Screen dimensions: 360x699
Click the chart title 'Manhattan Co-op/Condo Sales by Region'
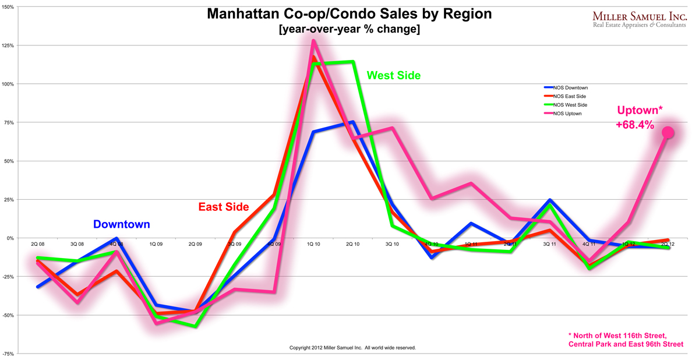[x=349, y=13]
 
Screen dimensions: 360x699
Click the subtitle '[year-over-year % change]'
[x=349, y=29]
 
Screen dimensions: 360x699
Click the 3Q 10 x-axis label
[x=392, y=244]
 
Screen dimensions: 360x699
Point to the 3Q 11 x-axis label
[x=549, y=244]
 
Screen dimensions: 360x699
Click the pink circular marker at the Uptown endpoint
[x=668, y=133]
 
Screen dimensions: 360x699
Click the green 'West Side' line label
[x=393, y=76]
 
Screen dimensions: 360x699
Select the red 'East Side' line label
[x=224, y=207]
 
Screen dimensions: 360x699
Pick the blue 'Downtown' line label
[x=121, y=224]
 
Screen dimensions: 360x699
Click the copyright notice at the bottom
[x=352, y=348]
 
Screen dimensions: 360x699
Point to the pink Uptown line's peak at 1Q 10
[x=313, y=41]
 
